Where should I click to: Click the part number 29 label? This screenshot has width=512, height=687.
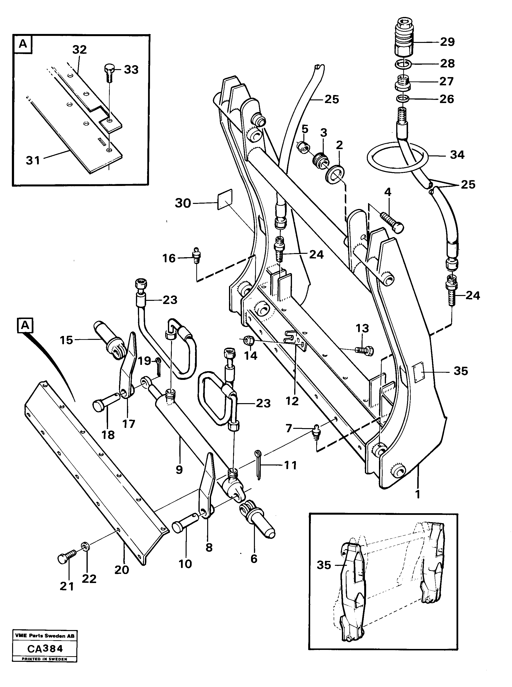pyautogui.click(x=447, y=42)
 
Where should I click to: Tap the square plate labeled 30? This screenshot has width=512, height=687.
pyautogui.click(x=225, y=200)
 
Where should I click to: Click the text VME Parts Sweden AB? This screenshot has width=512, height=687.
pyautogui.click(x=45, y=636)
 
